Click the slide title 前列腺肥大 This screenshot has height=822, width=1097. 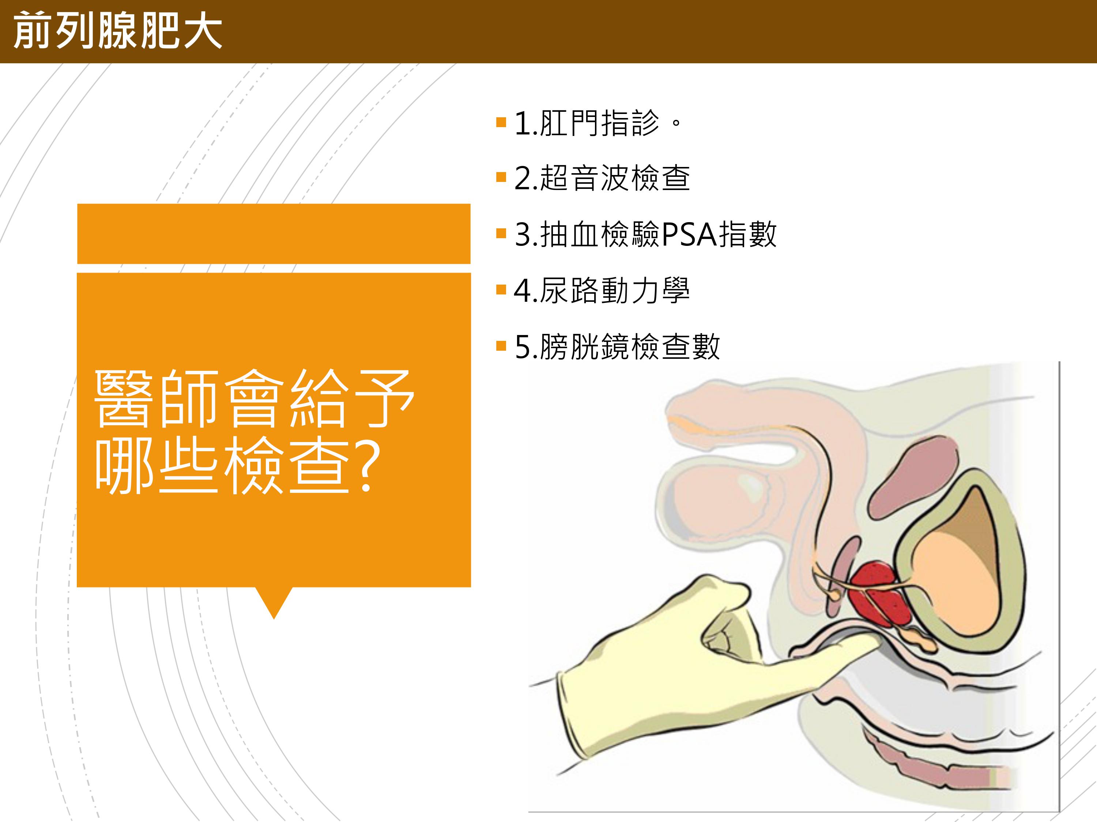(117, 32)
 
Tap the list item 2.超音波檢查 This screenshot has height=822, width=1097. (602, 178)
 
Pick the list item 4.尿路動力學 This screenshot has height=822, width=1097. (602, 290)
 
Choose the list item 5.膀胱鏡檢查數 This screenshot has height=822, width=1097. (617, 346)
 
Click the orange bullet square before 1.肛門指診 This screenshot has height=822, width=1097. (501, 122)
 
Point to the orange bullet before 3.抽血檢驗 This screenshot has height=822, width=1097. (501, 233)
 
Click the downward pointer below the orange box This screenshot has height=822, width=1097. (274, 602)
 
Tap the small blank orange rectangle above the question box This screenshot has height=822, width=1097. (274, 233)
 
